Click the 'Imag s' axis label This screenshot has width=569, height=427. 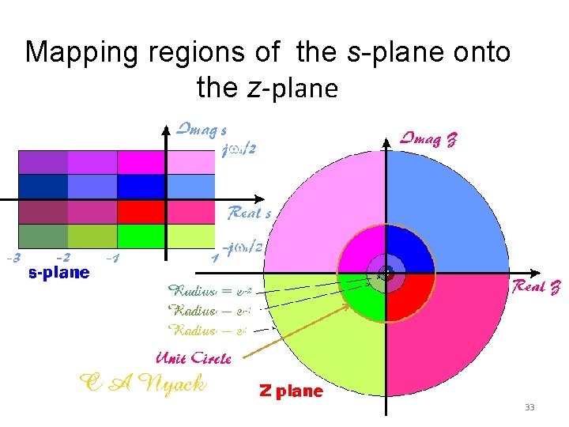(x=202, y=129)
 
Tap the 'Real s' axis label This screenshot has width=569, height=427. (x=249, y=213)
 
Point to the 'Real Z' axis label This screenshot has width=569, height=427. (x=537, y=286)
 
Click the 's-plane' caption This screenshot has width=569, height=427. (x=58, y=273)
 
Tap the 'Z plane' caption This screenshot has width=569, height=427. (x=291, y=391)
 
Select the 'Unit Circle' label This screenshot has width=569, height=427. (x=194, y=358)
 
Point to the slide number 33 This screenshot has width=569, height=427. (x=529, y=407)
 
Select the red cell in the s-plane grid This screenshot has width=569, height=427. (x=141, y=212)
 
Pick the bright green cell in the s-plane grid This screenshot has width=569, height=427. (x=141, y=236)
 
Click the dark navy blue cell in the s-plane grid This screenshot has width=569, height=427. (x=43, y=187)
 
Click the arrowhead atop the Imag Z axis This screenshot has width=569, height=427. (x=386, y=142)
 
